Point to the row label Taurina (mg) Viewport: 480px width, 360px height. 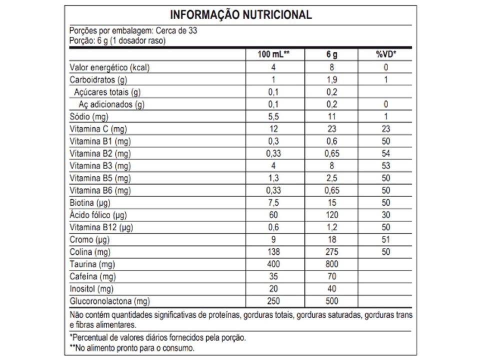91,264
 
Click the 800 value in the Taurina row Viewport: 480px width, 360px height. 331,264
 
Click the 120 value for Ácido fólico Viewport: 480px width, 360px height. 331,215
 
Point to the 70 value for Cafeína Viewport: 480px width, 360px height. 331,276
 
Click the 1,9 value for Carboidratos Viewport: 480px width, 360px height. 331,80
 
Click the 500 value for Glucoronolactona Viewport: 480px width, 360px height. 331,301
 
